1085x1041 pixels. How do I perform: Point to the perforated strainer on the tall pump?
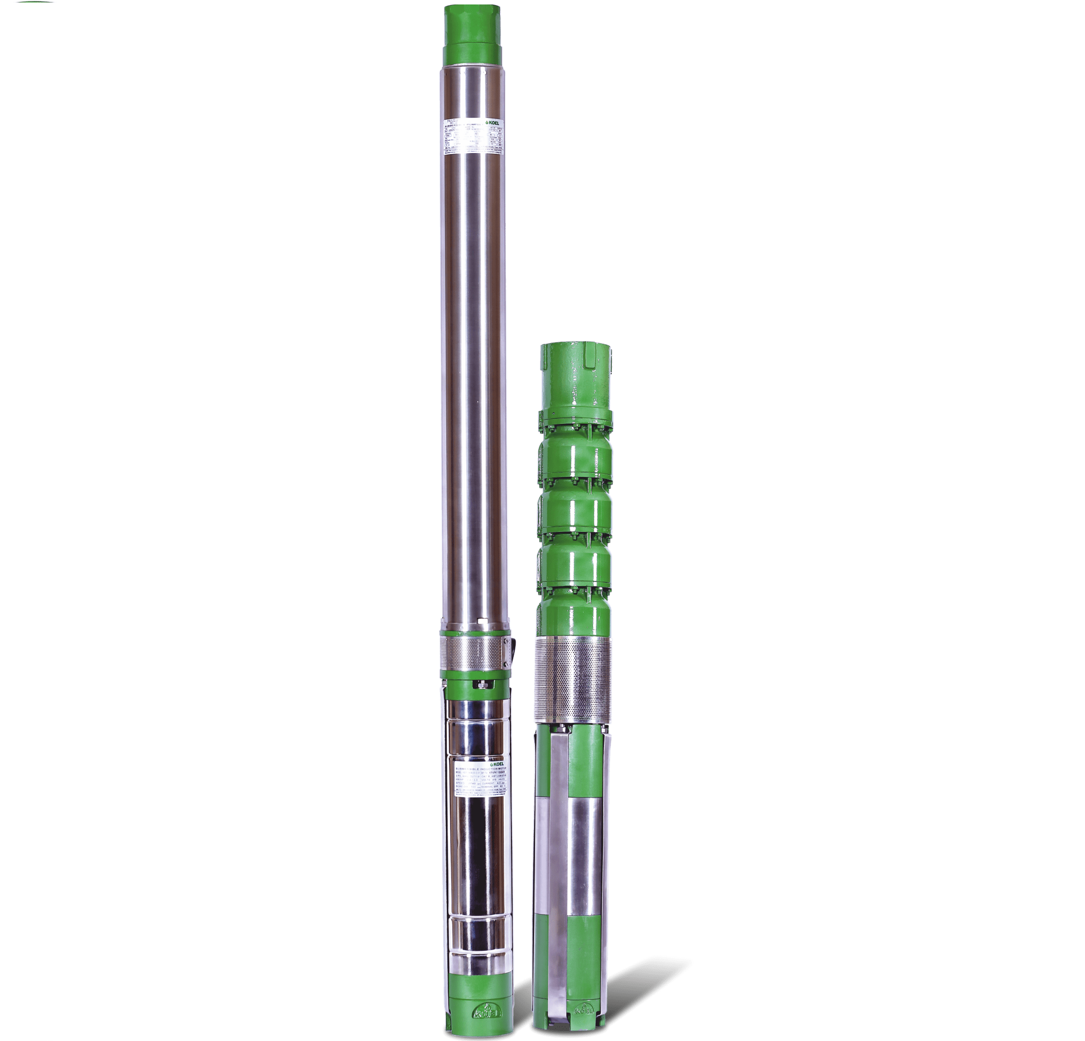point(472,654)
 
